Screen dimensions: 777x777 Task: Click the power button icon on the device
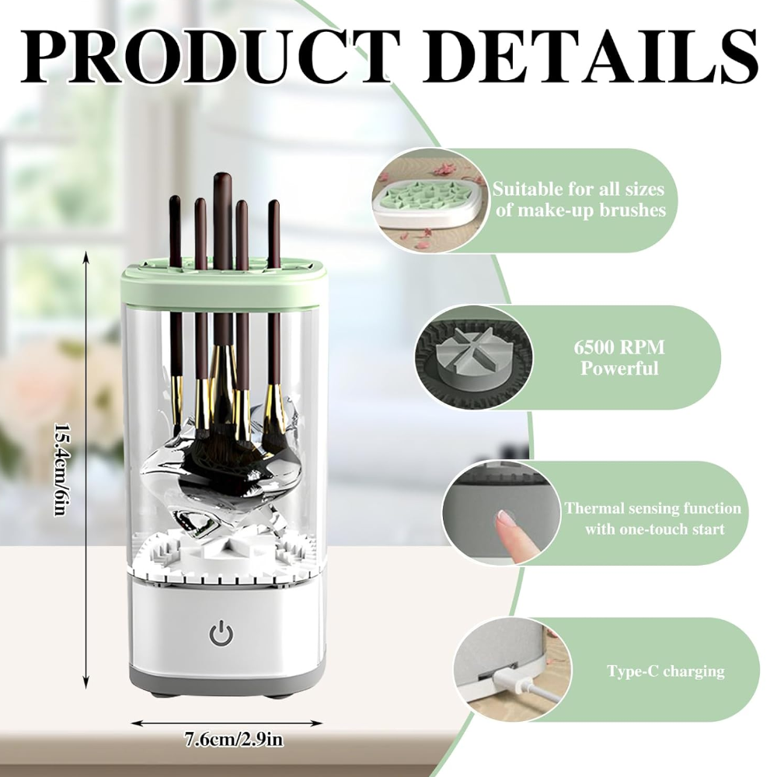point(221,634)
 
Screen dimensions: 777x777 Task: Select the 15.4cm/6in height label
point(60,469)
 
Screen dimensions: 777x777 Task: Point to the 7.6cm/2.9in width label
point(234,740)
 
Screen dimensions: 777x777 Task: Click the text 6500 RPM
point(619,347)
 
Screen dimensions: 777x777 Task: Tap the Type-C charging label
point(666,671)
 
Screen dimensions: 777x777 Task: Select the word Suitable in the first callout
point(528,189)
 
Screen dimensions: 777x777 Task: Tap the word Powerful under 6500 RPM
point(619,369)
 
